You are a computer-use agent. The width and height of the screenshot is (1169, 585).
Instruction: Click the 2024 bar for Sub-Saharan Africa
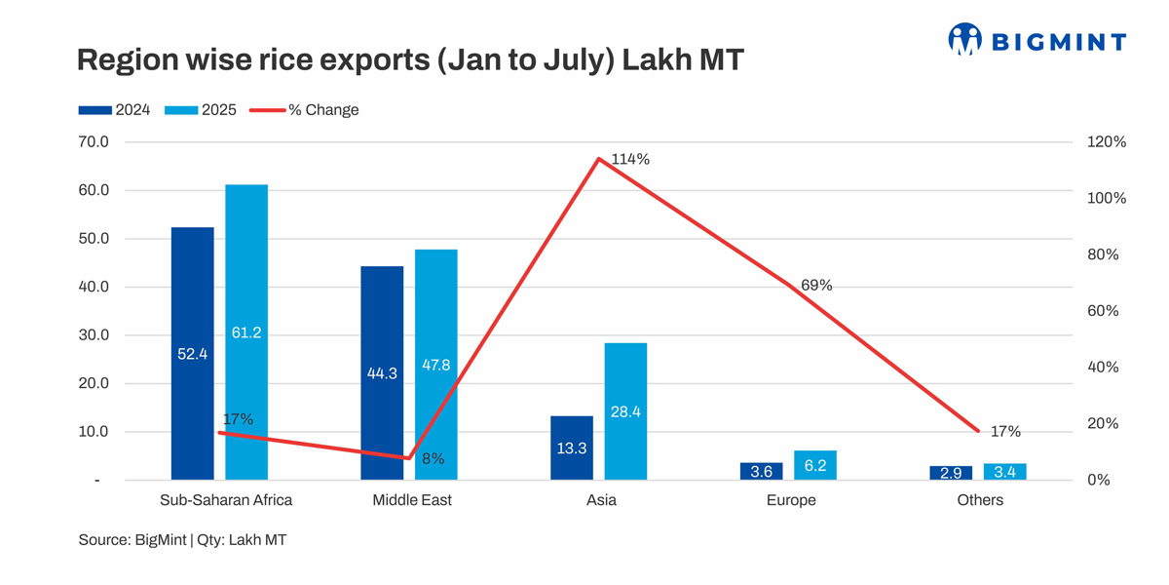192,353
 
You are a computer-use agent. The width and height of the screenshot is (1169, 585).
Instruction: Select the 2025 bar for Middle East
435,365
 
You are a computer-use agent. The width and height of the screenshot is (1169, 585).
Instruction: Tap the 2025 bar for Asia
625,410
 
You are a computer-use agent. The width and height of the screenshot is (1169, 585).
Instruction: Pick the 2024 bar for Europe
761,471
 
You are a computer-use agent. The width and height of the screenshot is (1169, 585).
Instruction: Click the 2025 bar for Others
1004,472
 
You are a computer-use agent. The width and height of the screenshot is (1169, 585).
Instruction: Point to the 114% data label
630,159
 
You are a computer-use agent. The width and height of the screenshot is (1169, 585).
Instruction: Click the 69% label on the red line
815,286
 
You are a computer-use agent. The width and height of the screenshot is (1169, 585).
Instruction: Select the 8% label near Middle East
433,458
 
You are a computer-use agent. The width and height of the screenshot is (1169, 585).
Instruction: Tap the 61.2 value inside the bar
245,332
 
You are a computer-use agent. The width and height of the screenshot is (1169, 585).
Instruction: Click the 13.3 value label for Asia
571,448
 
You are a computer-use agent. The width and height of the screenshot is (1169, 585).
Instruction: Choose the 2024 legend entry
114,110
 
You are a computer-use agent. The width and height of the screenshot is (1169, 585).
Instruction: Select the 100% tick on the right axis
1106,199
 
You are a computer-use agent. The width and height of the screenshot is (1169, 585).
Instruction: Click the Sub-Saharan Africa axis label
226,500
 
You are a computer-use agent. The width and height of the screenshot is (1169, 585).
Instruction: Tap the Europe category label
790,500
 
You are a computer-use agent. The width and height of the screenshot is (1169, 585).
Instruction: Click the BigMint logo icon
964,39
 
